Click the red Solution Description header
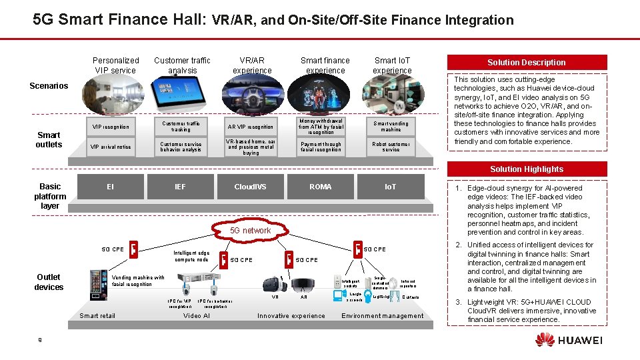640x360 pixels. [x=526, y=62]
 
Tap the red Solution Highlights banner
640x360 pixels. [x=526, y=169]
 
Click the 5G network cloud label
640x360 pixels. [x=250, y=231]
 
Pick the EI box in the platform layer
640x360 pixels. [x=110, y=187]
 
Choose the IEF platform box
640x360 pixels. [x=180, y=187]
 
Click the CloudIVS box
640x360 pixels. [x=250, y=187]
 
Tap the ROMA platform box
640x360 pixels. [x=320, y=187]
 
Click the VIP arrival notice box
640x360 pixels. [x=111, y=147]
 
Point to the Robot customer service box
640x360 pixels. [x=391, y=147]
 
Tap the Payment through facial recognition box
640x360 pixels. [x=321, y=147]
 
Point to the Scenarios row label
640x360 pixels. [x=49, y=86]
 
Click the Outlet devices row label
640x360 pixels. [x=49, y=282]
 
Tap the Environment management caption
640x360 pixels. [x=382, y=315]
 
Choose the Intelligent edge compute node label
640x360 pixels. [x=191, y=256]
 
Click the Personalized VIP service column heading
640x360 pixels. [x=115, y=65]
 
